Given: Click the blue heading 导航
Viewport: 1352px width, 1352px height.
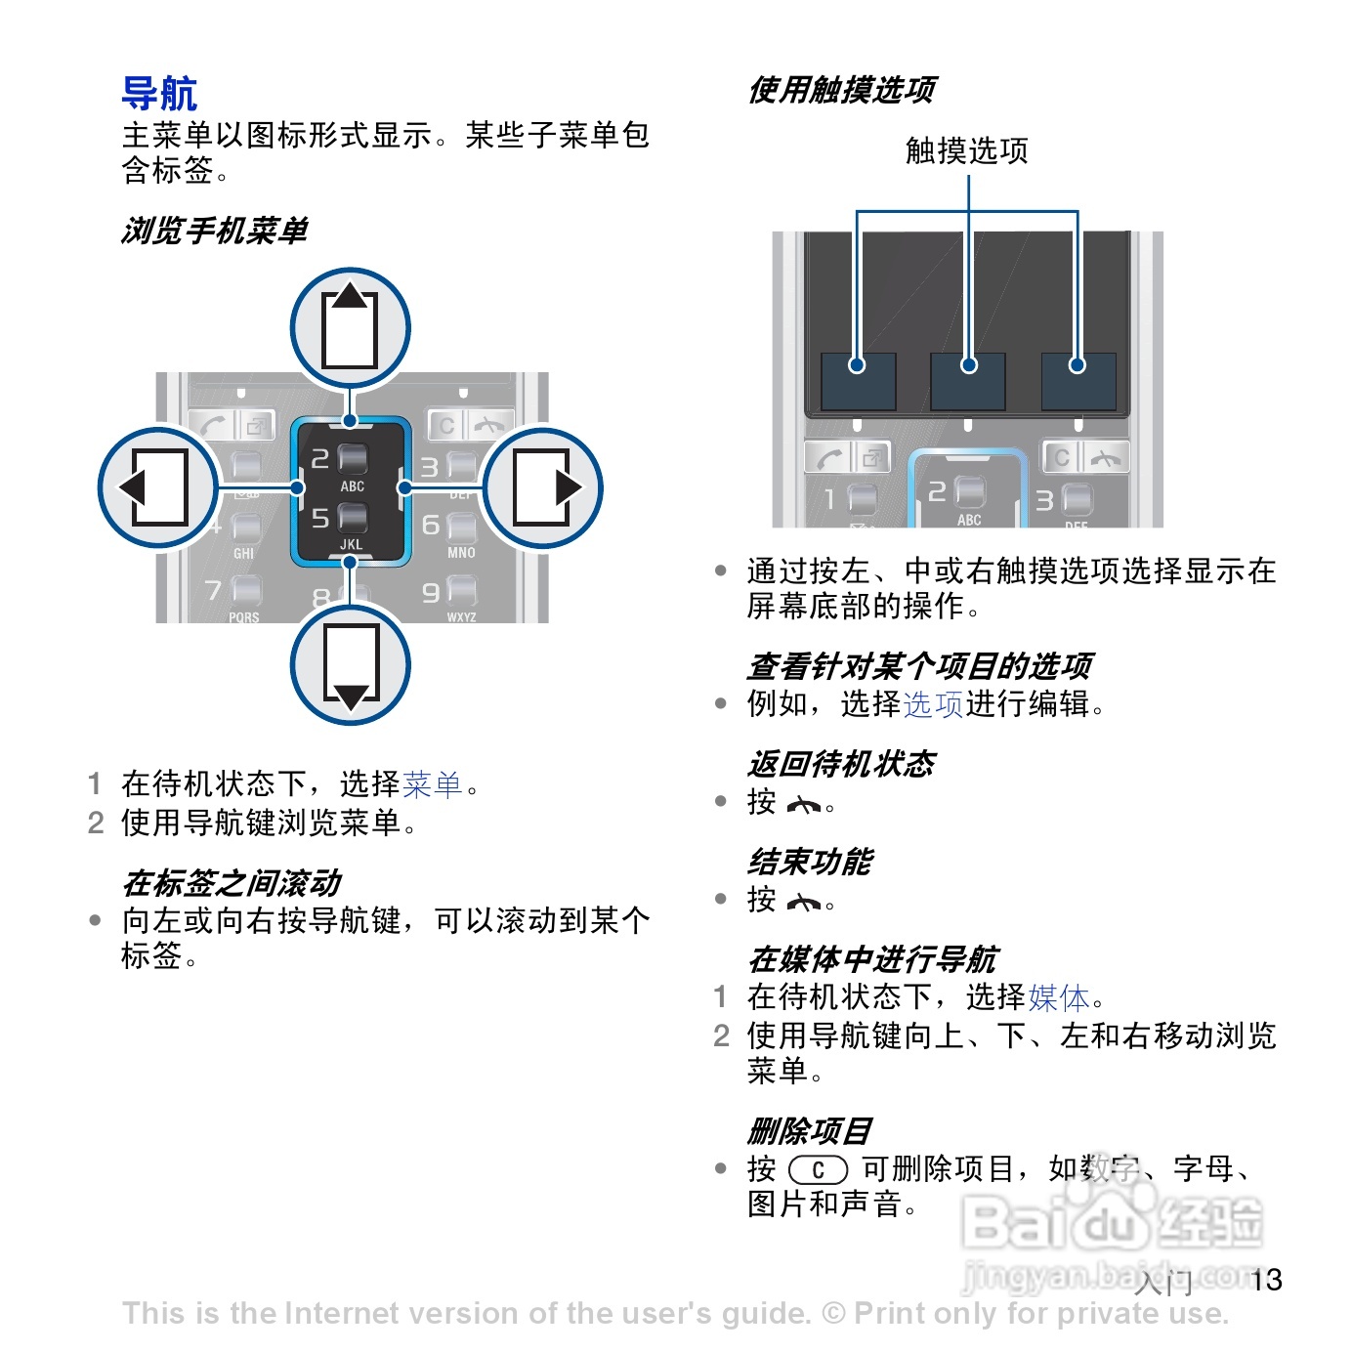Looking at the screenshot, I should tap(159, 94).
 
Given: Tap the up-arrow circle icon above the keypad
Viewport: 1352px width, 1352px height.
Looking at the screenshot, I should tap(350, 328).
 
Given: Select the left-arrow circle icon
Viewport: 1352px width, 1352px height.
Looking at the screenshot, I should tap(157, 487).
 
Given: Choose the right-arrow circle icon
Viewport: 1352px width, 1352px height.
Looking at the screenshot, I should tap(543, 487).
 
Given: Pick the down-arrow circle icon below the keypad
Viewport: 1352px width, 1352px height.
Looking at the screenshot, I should tap(350, 665).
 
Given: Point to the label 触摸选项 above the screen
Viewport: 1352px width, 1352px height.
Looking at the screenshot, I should tap(966, 150).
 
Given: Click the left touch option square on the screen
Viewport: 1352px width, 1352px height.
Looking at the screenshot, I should tap(858, 381).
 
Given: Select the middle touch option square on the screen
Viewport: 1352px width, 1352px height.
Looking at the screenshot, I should tap(968, 381).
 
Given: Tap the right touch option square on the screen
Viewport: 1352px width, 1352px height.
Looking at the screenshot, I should tap(1077, 381).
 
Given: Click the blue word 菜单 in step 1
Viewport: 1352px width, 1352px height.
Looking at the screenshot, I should tap(432, 783).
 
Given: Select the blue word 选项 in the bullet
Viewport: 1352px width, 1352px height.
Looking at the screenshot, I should tap(933, 703).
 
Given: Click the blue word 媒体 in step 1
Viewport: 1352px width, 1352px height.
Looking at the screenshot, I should tap(1058, 996).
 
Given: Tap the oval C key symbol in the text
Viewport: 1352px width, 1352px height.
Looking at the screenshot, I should tap(818, 1169).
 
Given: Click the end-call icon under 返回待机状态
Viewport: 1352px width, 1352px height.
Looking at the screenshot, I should tap(804, 805).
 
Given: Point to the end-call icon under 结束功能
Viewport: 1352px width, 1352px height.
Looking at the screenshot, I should tap(804, 903).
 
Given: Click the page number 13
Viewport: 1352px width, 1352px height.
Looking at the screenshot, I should tap(1266, 1280).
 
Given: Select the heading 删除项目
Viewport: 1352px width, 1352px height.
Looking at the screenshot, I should tap(809, 1131).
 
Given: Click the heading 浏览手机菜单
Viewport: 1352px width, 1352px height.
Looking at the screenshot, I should tap(214, 231).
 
